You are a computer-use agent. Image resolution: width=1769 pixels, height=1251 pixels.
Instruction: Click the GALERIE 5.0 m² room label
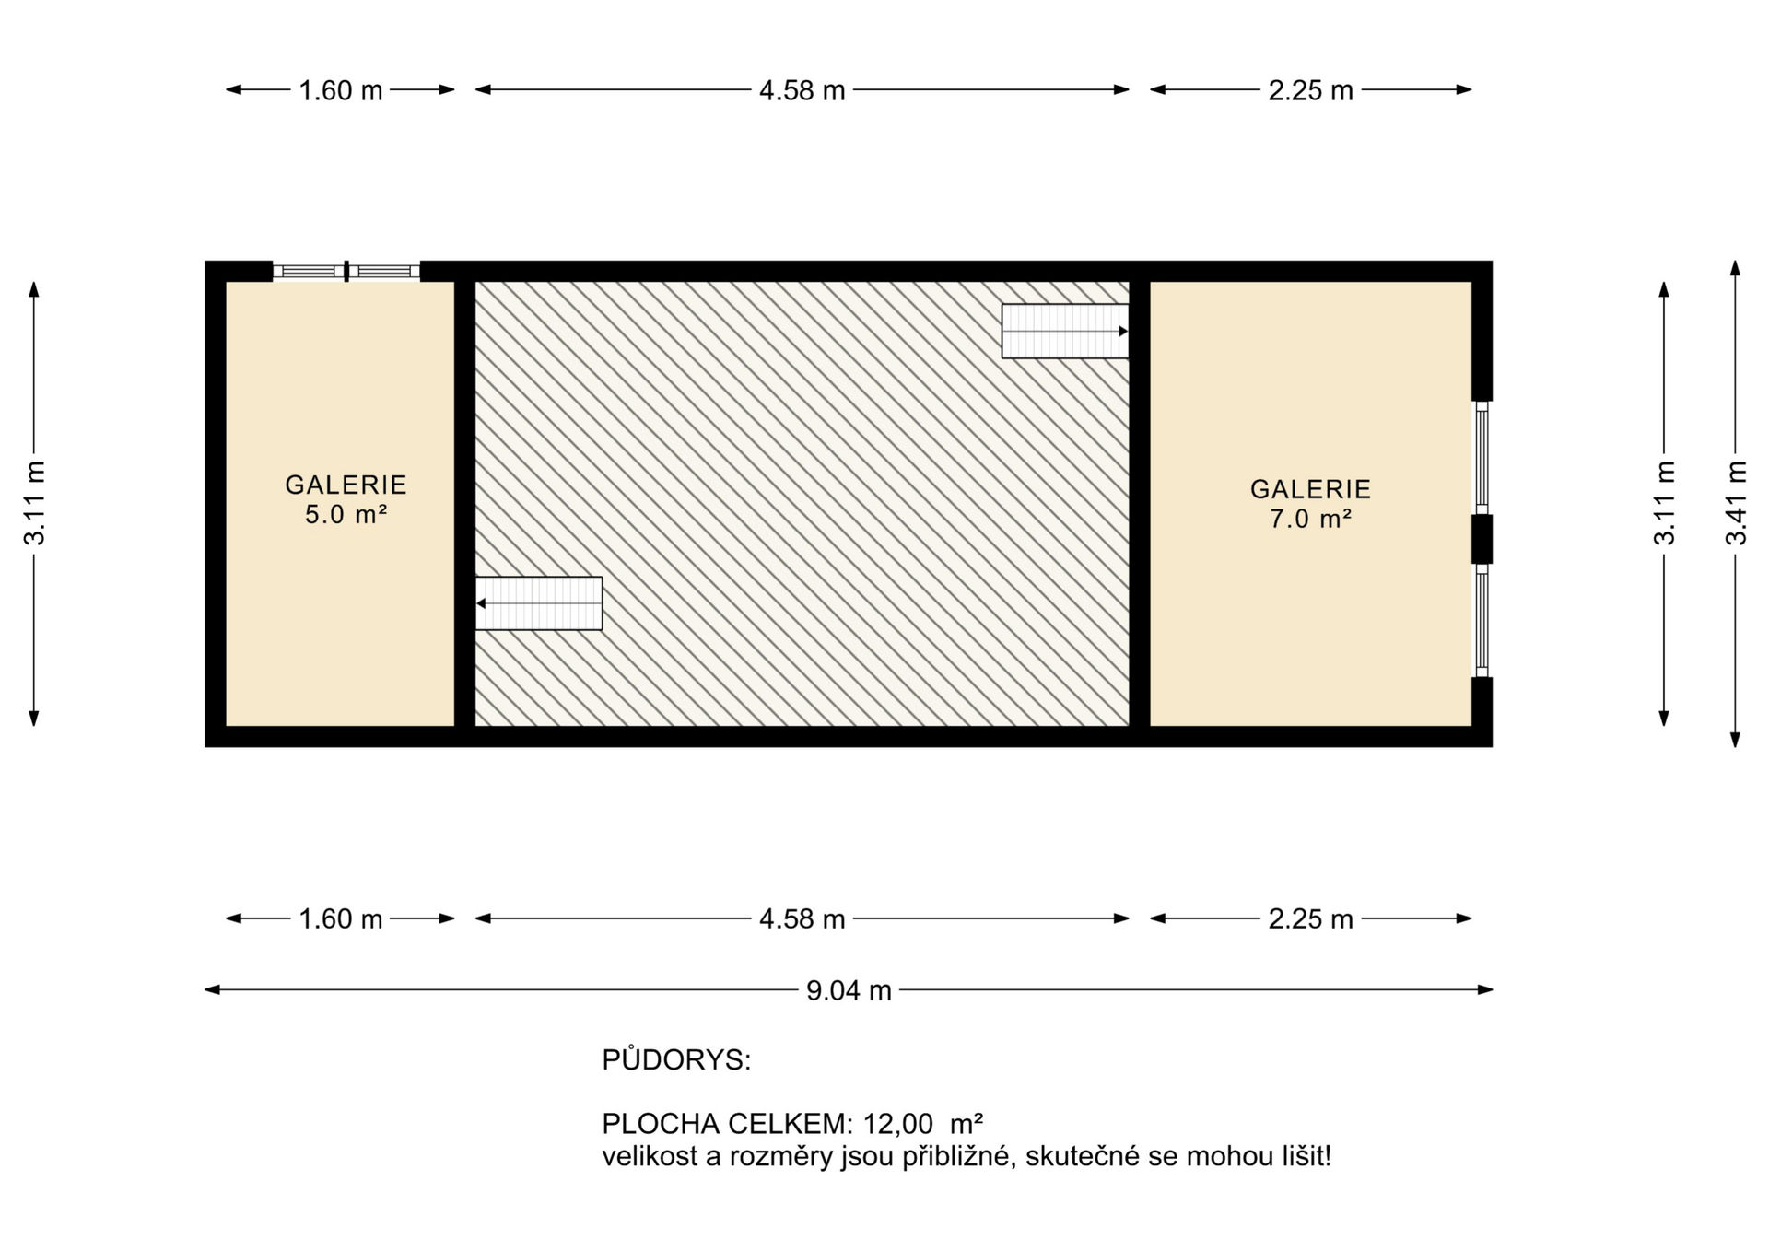point(346,499)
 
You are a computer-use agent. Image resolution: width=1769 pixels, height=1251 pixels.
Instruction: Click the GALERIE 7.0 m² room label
point(1310,504)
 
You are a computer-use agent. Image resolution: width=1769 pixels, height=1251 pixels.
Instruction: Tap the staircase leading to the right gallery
point(1065,331)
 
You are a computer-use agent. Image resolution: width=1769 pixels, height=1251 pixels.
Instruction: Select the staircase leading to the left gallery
point(539,603)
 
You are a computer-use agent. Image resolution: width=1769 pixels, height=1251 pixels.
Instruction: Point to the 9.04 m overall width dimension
point(849,990)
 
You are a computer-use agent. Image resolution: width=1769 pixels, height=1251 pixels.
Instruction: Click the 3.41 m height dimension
point(1736,503)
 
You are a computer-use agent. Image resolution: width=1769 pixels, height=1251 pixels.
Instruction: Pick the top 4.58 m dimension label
point(802,90)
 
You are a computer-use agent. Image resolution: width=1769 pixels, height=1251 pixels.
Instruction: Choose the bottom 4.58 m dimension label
point(802,918)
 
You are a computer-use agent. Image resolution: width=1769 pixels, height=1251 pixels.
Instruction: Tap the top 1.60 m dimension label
point(340,90)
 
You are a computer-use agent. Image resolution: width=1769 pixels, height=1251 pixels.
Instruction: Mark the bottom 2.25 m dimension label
point(1310,918)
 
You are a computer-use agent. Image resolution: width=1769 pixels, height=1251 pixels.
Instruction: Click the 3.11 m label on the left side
point(35,503)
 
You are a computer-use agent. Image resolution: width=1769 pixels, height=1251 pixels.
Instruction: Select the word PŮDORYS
point(676,1059)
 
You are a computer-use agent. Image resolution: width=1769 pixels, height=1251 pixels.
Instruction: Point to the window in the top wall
point(346,271)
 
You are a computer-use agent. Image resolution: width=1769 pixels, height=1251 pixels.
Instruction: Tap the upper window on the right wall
point(1482,458)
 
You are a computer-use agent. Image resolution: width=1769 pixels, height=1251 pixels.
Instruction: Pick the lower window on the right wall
point(1482,620)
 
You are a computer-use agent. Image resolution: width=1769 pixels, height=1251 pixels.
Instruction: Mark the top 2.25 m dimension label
point(1310,90)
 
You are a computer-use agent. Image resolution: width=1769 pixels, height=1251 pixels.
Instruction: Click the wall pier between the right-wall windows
point(1482,539)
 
